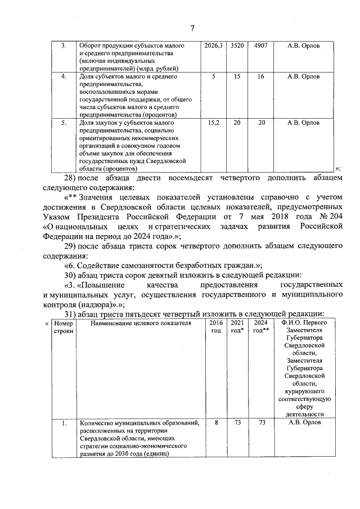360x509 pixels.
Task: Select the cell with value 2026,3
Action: coord(214,46)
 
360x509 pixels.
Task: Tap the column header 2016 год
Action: coord(215,327)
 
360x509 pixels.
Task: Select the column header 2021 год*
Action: coord(237,327)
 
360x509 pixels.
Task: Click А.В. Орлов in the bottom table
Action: coord(304,423)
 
